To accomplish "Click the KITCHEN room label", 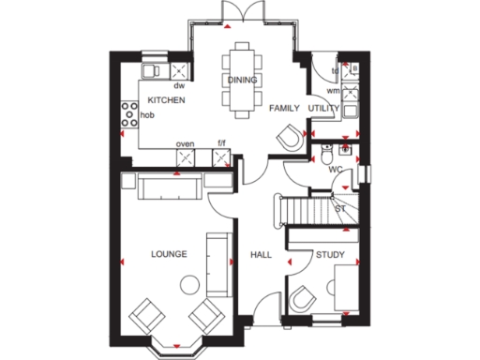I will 164,99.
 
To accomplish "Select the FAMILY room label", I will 284,109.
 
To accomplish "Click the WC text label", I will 335,170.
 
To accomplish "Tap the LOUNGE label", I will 169,254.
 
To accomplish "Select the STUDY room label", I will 328,254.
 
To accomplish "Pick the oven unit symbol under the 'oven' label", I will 187,157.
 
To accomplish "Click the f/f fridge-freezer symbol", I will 221,157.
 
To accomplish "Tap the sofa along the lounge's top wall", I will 169,187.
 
